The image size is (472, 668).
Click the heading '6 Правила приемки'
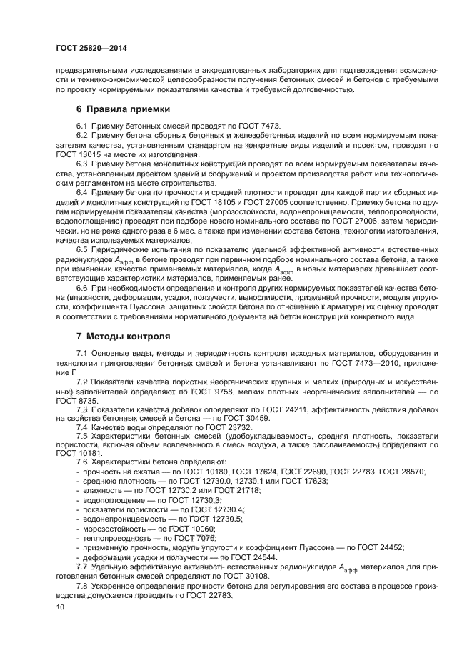click(123, 109)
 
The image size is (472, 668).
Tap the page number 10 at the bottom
click(59, 607)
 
